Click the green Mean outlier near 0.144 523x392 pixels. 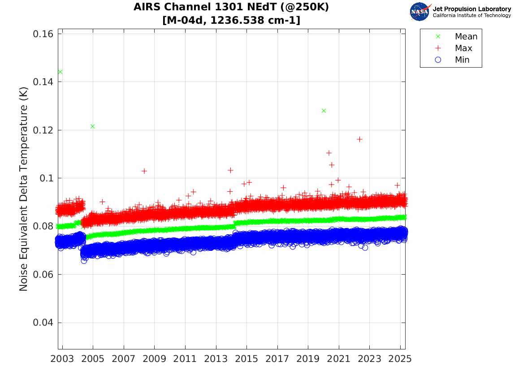point(60,72)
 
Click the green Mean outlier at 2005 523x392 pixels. point(92,126)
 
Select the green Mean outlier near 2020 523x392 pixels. point(324,111)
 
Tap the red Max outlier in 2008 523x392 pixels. point(144,171)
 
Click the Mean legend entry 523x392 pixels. point(466,37)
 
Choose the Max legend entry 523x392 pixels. point(463,48)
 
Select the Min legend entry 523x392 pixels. point(462,60)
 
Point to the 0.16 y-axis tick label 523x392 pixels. point(44,34)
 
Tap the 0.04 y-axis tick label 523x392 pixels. point(44,323)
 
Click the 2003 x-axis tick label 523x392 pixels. point(63,359)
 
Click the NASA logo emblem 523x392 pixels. point(420,12)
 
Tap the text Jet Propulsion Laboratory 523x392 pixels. point(471,9)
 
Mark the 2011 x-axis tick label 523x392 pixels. point(186,359)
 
